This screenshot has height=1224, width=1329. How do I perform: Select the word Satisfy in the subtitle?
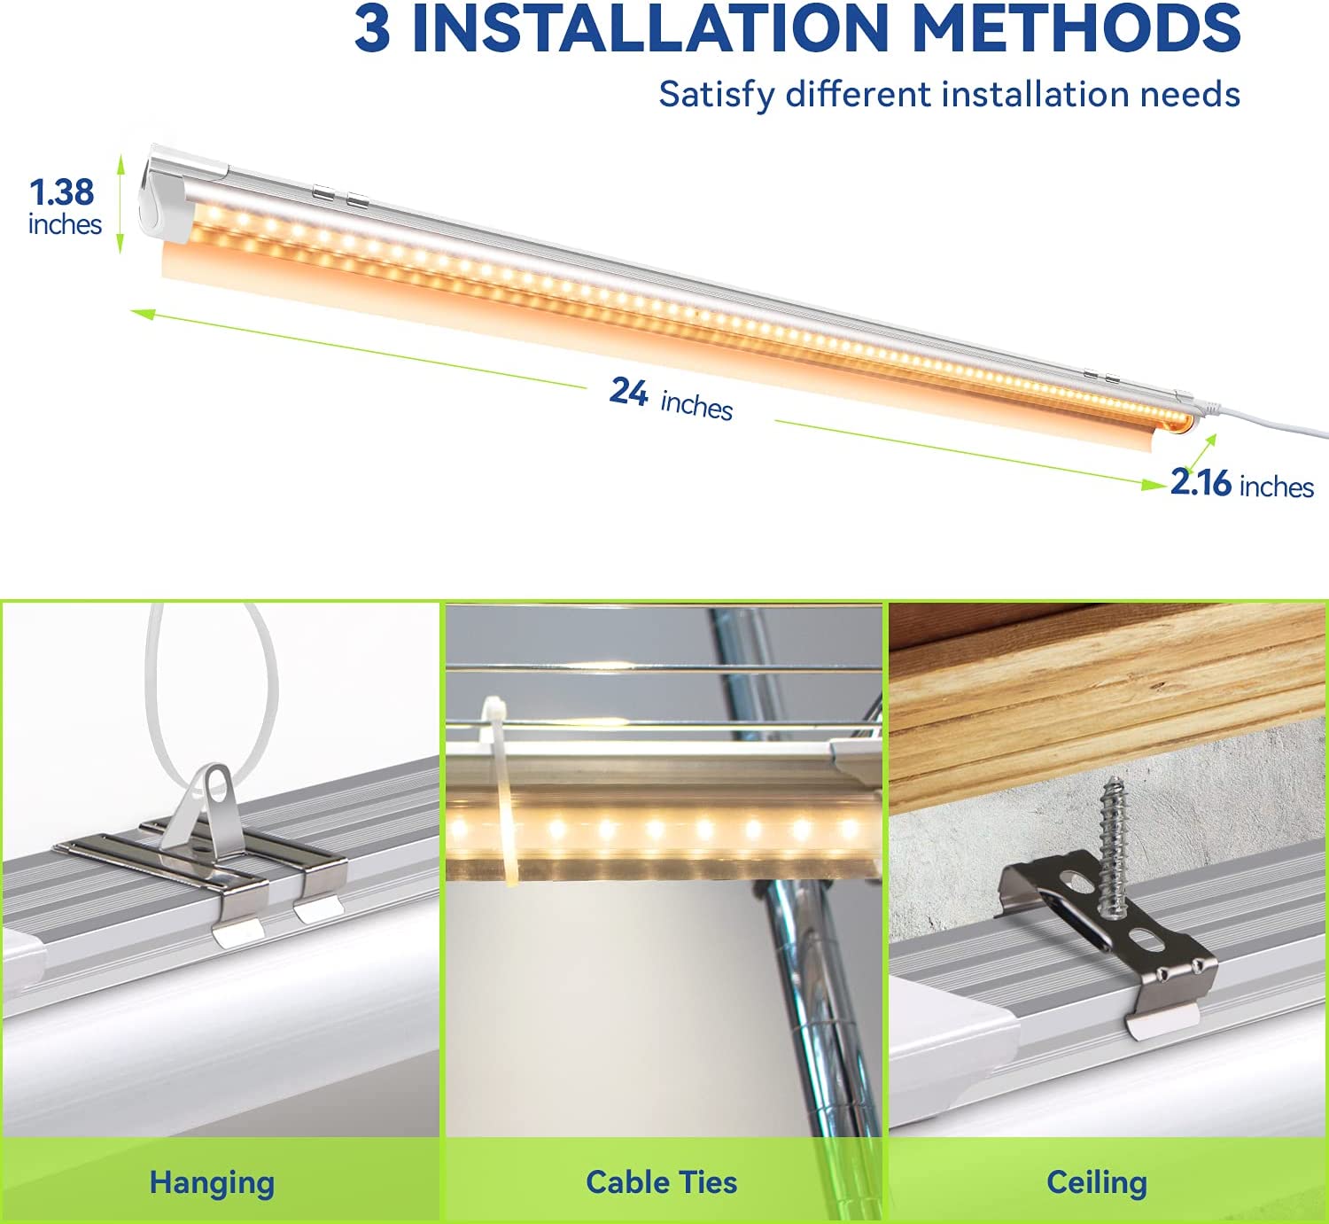click(716, 95)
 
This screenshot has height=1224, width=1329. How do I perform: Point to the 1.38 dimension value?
click(62, 192)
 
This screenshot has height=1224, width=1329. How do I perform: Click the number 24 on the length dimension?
click(628, 392)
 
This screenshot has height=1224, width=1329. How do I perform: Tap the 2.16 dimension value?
click(1201, 482)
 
